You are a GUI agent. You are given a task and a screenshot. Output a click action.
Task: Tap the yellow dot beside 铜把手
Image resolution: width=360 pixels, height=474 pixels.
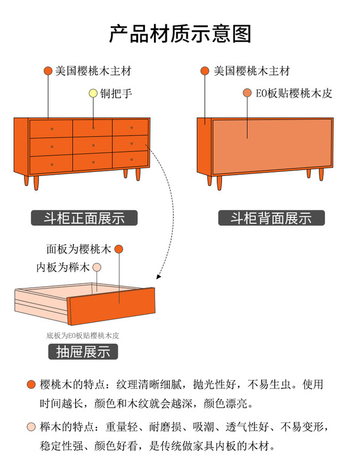pos(93,94)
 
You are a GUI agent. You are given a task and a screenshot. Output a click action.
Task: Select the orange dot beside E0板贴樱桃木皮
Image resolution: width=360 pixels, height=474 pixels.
pos(247,93)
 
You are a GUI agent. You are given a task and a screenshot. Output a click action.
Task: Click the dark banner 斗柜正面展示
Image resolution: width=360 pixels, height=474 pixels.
pos(84,218)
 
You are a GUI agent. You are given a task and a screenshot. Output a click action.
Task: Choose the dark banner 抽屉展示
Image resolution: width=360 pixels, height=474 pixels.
pos(83,351)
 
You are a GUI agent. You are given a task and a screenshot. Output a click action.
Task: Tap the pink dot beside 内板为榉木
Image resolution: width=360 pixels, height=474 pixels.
pos(97,268)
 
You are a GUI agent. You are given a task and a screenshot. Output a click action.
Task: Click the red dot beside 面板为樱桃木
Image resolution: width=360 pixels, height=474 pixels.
pos(118,249)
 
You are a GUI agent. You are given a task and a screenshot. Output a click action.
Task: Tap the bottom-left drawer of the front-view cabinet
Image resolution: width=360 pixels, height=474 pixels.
pos(51,164)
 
